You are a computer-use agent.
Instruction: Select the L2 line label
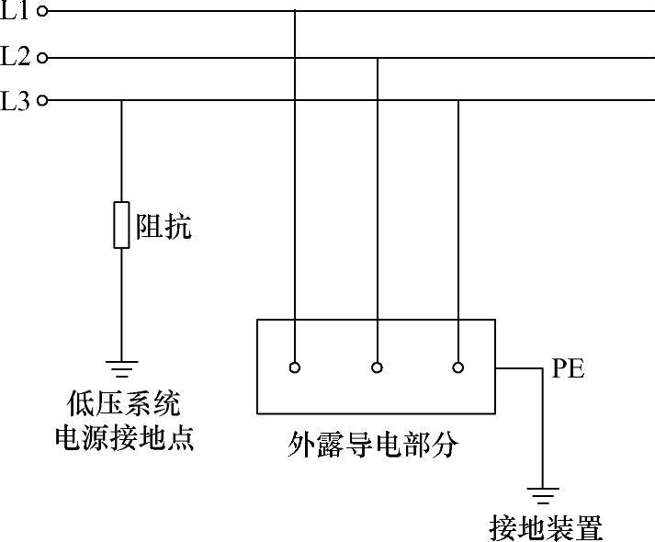click(x=16, y=57)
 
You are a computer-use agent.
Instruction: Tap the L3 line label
click(x=16, y=100)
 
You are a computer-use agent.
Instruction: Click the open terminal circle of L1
click(x=41, y=11)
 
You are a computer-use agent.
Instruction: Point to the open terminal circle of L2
click(x=41, y=58)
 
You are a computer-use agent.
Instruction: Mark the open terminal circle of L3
click(x=41, y=101)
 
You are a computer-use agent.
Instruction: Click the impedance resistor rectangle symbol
click(x=121, y=225)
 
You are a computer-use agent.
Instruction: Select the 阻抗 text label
click(x=164, y=226)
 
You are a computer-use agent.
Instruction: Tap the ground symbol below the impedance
click(x=121, y=369)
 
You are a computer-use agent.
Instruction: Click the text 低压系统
click(x=123, y=403)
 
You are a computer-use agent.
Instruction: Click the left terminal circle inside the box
click(x=295, y=367)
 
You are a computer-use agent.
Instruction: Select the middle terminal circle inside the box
click(x=378, y=367)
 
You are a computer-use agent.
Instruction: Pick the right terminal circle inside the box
click(x=458, y=367)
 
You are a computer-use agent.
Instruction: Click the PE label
click(x=568, y=370)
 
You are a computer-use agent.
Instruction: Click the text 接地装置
click(x=547, y=528)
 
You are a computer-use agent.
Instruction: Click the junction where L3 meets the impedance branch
click(x=121, y=101)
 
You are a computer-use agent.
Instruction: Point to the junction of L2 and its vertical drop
click(x=378, y=58)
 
